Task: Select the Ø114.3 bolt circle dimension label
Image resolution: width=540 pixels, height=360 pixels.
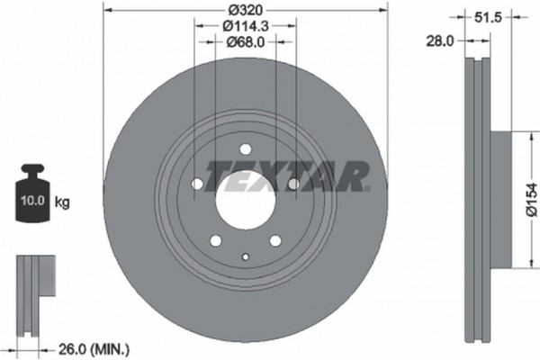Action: (245, 26)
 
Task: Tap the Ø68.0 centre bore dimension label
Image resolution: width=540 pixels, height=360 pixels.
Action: (245, 41)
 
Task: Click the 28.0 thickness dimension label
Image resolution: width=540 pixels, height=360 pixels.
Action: (440, 41)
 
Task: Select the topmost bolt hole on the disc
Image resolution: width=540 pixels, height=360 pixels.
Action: (245, 151)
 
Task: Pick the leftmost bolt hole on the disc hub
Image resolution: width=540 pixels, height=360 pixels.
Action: (198, 184)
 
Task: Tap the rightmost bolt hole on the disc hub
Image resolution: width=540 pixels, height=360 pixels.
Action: (292, 184)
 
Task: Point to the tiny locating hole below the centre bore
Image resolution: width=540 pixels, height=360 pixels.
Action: (245, 258)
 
